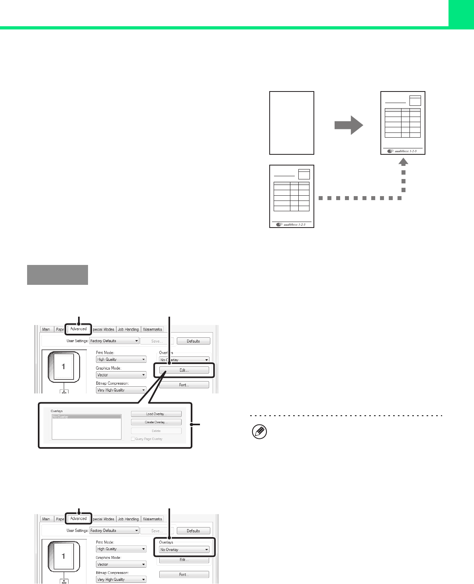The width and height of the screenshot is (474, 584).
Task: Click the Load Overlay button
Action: (x=156, y=414)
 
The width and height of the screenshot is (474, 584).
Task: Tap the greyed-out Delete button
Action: (x=156, y=431)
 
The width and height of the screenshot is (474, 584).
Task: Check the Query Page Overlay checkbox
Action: (x=133, y=439)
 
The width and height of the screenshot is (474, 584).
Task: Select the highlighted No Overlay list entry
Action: (x=86, y=417)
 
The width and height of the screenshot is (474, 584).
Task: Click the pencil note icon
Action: (x=260, y=432)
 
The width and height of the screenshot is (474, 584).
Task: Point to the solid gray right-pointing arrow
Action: (x=349, y=125)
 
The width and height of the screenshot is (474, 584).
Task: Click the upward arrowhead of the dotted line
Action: (x=403, y=162)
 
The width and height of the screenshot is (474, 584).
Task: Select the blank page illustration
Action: (x=292, y=123)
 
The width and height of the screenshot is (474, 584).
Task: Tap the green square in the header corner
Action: (x=461, y=13)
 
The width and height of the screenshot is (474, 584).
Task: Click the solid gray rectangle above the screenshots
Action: (x=57, y=275)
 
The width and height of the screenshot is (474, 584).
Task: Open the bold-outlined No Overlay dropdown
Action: (x=184, y=549)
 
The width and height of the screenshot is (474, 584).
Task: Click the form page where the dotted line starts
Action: (x=292, y=196)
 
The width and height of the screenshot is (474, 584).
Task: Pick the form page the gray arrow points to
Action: (x=403, y=123)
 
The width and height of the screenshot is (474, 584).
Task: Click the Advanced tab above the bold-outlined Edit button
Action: (x=78, y=329)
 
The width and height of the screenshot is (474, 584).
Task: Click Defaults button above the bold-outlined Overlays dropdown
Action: (x=193, y=531)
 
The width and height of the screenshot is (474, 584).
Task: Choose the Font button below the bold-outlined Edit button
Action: (x=184, y=385)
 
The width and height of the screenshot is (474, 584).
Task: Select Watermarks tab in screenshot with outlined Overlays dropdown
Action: (x=152, y=519)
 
